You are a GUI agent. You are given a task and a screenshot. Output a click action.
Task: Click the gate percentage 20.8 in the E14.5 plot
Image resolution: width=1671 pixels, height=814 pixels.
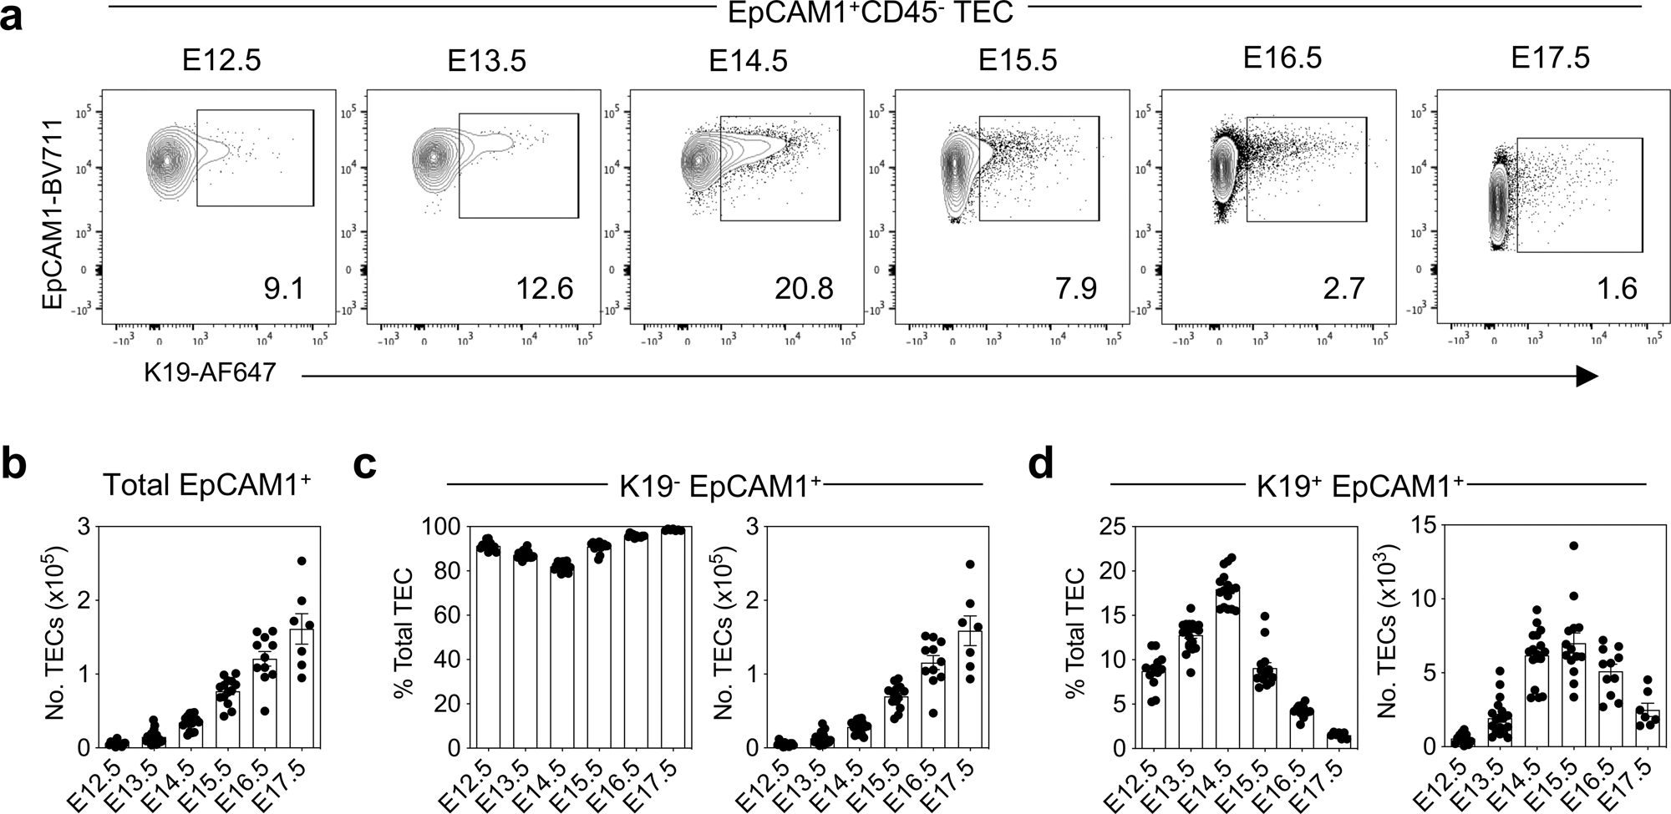click(803, 289)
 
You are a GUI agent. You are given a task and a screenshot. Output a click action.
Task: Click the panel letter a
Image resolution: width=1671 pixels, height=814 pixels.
click(15, 17)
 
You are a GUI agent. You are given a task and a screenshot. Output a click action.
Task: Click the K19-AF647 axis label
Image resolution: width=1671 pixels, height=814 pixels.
click(209, 372)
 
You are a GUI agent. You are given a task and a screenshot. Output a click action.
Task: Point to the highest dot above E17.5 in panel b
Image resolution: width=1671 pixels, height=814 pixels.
click(302, 561)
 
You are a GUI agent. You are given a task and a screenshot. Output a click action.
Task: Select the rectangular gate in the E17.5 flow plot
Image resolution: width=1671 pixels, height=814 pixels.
click(1578, 195)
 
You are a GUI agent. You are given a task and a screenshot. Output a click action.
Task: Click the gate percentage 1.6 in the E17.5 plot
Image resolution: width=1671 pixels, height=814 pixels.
click(1617, 289)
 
